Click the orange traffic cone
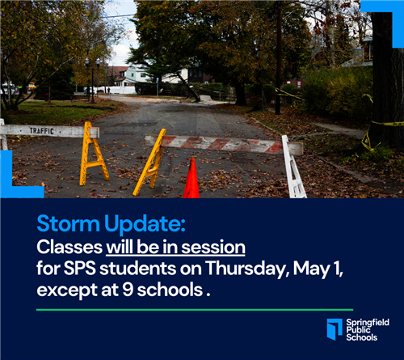coord(191,180)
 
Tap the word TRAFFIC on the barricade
coord(41,129)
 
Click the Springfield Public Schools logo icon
coord(334,328)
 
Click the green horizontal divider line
coord(195,309)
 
